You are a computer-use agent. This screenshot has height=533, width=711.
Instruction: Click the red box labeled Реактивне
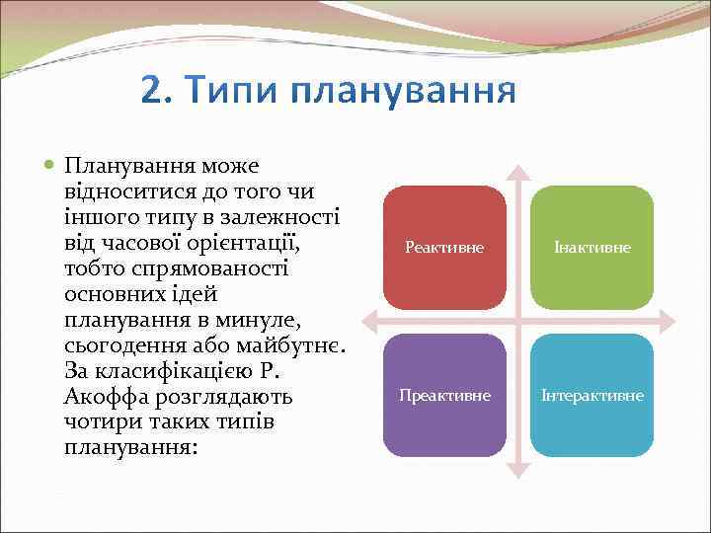pos(444,248)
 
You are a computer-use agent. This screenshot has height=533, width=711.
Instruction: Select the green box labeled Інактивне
pos(592,248)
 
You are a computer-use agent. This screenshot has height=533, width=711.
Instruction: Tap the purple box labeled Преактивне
pos(444,395)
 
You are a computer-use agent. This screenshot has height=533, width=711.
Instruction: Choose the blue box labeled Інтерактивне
pos(592,395)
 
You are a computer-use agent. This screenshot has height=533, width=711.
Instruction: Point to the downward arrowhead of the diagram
pos(518,471)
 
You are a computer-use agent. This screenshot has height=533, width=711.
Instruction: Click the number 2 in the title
pos(154,91)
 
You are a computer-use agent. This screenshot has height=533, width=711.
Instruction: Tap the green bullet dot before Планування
pos(49,165)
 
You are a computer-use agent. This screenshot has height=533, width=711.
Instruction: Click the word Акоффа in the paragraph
pos(104,397)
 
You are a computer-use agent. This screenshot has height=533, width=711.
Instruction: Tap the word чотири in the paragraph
pos(97,422)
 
